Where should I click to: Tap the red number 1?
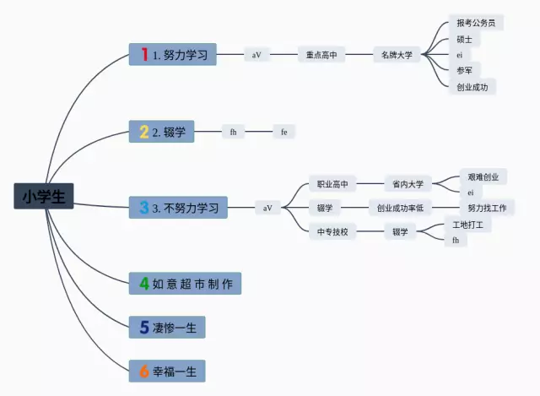144,55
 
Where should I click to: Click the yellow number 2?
144,132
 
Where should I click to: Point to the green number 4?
144,284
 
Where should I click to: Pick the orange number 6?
144,371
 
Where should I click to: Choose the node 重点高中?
321,55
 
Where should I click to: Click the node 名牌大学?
397,55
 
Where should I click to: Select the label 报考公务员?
474,23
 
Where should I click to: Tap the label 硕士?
464,39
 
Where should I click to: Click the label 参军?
464,71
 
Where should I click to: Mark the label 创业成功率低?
400,208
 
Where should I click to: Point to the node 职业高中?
332,184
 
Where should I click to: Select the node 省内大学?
408,184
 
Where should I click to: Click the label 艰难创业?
483,177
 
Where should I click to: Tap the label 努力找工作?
487,208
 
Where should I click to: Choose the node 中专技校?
332,231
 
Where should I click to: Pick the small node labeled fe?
284,132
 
